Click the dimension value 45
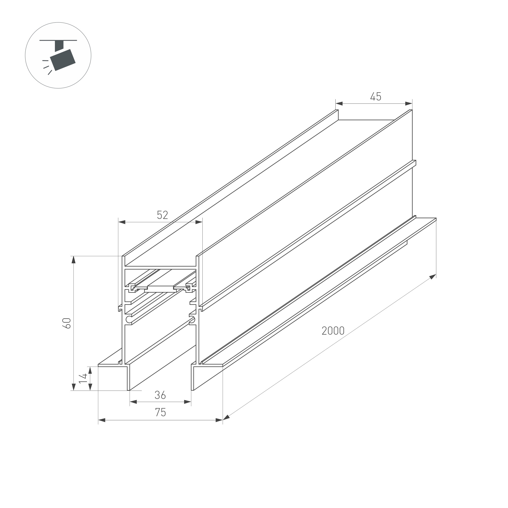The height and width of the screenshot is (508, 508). (x=376, y=97)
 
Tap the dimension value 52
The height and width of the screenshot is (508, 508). (x=162, y=215)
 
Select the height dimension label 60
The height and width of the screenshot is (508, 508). (x=67, y=323)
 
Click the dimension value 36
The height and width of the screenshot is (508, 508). (x=160, y=395)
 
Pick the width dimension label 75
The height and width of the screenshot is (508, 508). (x=160, y=412)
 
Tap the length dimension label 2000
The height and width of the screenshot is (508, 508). (x=333, y=331)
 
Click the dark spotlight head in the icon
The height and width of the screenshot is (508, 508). (x=63, y=60)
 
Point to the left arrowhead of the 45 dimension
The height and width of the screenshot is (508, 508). (x=339, y=103)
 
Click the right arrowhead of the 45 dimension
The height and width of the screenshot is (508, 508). (x=409, y=103)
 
